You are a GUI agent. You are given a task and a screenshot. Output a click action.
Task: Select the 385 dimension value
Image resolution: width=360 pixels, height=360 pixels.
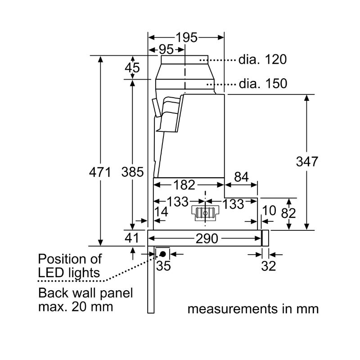click(x=133, y=172)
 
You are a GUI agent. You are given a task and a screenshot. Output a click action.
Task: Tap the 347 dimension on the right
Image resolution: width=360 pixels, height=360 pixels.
click(x=307, y=162)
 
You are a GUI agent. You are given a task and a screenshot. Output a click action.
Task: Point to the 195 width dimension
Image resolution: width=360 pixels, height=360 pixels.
click(x=187, y=38)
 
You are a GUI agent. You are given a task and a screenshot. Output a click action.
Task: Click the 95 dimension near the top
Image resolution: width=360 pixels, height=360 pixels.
click(x=166, y=49)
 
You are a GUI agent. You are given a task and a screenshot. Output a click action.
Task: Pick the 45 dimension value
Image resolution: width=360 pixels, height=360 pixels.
click(x=132, y=68)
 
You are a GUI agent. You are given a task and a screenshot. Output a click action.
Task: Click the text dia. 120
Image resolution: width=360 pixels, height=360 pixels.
click(x=263, y=59)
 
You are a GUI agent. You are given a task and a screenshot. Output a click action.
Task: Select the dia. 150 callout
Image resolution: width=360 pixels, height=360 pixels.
click(x=263, y=84)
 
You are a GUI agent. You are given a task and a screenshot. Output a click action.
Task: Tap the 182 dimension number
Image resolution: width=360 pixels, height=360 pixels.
click(x=184, y=184)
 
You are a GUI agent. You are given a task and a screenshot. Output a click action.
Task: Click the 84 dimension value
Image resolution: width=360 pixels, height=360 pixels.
click(x=241, y=177)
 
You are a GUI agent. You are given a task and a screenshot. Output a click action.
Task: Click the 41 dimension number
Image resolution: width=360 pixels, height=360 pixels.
click(x=133, y=238)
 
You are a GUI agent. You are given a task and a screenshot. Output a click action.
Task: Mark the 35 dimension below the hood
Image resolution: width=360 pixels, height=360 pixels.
click(x=164, y=266)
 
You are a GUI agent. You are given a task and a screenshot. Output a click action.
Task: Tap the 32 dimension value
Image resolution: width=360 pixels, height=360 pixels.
click(x=268, y=266)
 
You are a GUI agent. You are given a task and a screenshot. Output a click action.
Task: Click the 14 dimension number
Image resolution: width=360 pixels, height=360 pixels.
click(x=162, y=212)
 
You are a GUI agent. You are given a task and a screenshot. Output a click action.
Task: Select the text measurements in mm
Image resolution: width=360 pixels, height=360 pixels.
click(x=253, y=310)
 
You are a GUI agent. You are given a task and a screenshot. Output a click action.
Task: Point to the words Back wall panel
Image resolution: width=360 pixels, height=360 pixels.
click(x=86, y=293)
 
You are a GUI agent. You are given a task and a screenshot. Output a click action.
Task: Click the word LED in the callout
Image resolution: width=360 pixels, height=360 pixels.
click(x=51, y=273)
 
